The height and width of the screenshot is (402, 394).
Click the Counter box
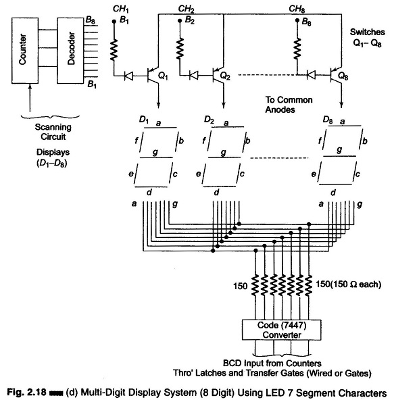(25, 51)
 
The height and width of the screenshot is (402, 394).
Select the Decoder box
(70, 51)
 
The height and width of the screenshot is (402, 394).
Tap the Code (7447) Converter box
(281, 330)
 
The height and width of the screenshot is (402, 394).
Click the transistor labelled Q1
(153, 76)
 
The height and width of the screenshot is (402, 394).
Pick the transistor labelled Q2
(218, 76)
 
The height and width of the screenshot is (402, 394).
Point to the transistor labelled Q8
(335, 76)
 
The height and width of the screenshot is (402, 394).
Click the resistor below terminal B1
(114, 50)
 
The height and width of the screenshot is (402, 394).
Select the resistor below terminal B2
(180, 49)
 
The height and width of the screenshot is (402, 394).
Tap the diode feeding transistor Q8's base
(311, 75)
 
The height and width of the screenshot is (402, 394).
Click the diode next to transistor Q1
(128, 76)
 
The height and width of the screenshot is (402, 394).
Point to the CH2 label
(187, 9)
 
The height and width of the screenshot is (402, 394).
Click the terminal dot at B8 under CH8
(297, 20)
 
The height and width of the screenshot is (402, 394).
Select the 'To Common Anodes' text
(289, 105)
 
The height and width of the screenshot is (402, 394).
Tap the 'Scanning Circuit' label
(53, 132)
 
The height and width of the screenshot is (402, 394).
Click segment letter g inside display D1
(155, 152)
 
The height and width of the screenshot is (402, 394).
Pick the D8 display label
(328, 120)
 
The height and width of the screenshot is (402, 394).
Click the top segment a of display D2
(227, 127)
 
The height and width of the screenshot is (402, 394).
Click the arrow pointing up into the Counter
(30, 98)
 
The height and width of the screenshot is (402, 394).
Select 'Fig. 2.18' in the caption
(26, 393)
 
